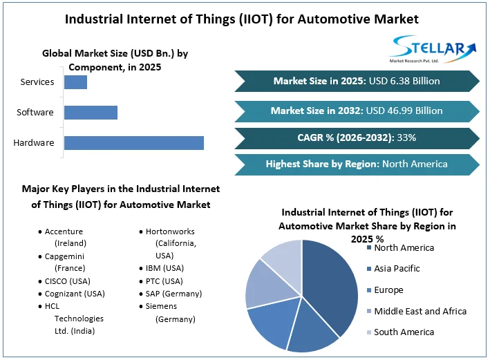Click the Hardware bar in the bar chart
pyautogui.click(x=133, y=143)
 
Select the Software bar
pyautogui.click(x=91, y=113)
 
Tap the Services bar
pyautogui.click(x=75, y=82)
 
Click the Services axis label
pyautogui.click(x=37, y=82)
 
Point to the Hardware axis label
pyautogui.click(x=34, y=143)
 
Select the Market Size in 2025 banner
pyautogui.click(x=356, y=81)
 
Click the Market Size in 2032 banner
pyautogui.click(x=356, y=111)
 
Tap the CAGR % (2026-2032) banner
pyautogui.click(x=356, y=138)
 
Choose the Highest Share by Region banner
pyautogui.click(x=356, y=164)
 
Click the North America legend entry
pyautogui.click(x=404, y=247)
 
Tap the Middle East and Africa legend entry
pyautogui.click(x=420, y=312)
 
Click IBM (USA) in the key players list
pyautogui.click(x=164, y=268)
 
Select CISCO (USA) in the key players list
pyautogui.click(x=68, y=281)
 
